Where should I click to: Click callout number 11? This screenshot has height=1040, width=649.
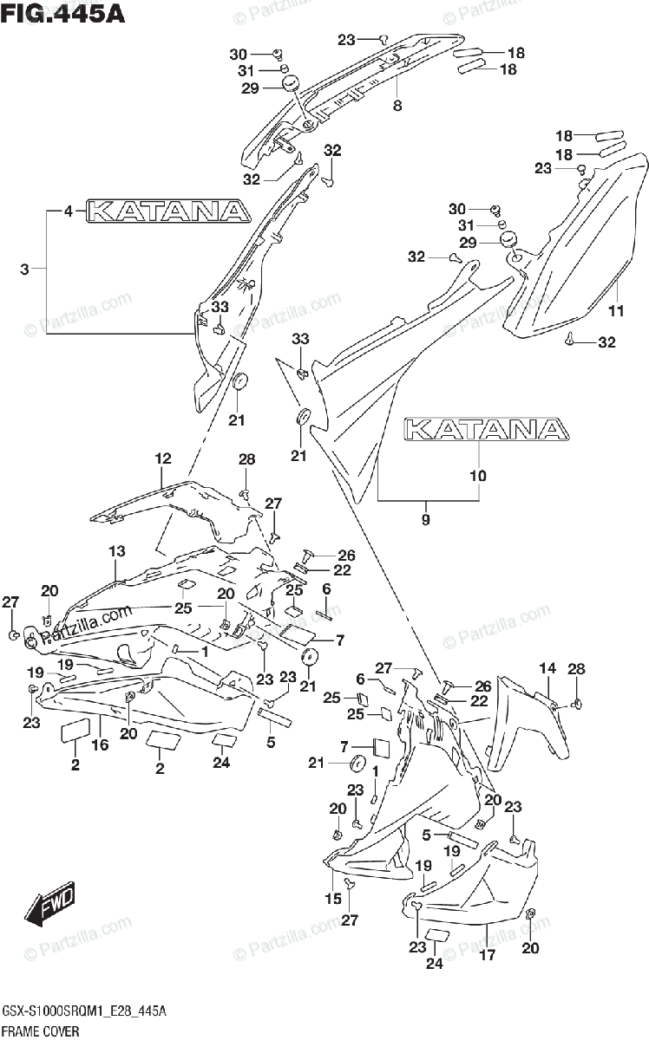(x=615, y=311)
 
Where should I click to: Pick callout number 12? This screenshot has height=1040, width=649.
(x=162, y=458)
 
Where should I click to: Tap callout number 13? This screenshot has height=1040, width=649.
(x=117, y=550)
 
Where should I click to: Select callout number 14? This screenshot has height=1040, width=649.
(x=547, y=667)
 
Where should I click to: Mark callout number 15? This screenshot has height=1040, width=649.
(x=333, y=899)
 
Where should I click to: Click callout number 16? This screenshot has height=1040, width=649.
(x=100, y=744)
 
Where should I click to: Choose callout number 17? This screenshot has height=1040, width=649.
(x=487, y=958)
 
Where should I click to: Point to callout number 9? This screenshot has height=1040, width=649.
(x=425, y=519)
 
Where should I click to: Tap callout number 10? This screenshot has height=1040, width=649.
(x=478, y=475)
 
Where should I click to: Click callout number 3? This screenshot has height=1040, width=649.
(x=24, y=270)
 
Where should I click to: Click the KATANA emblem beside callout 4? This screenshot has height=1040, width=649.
(x=168, y=211)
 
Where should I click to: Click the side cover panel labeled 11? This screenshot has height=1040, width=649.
(x=573, y=251)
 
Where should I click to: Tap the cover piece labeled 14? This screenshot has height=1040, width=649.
(x=521, y=719)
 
